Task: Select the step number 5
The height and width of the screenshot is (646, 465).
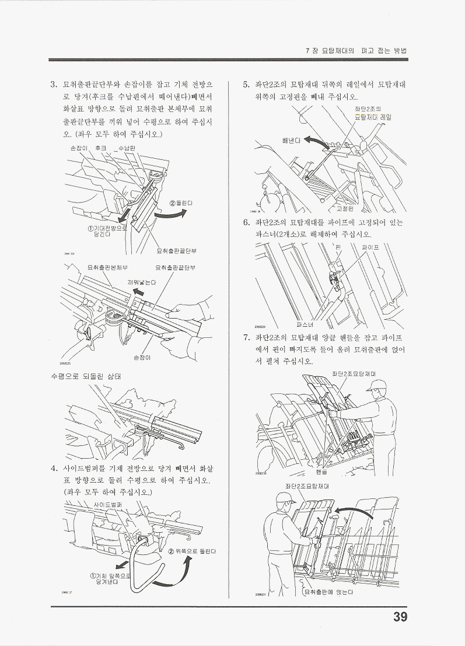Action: tap(247, 85)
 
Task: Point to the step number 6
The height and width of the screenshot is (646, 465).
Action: tap(247, 222)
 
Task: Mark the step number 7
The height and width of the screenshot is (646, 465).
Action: tap(247, 338)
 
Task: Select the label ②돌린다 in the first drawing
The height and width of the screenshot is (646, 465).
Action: tap(181, 202)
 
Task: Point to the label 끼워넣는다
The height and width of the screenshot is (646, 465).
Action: tap(142, 282)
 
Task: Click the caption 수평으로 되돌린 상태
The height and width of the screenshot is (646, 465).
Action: tap(85, 376)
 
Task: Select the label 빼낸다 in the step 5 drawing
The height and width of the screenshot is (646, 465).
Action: tap(290, 140)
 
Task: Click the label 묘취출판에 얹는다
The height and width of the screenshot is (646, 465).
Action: tap(330, 593)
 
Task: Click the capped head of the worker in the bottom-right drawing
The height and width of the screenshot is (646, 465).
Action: tap(285, 500)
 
